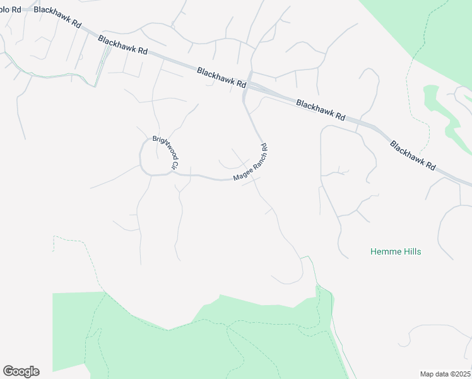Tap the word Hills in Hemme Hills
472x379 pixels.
tap(411, 251)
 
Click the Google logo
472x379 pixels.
tap(21, 371)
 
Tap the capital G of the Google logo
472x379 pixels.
tap(8, 371)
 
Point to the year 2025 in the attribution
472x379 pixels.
tap(461, 373)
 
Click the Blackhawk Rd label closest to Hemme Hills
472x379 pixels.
tap(412, 155)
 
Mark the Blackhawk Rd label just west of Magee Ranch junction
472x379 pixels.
tap(221, 78)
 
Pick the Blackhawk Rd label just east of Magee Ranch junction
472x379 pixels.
tap(321, 109)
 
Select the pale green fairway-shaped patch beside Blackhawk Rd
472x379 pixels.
tap(442, 114)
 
